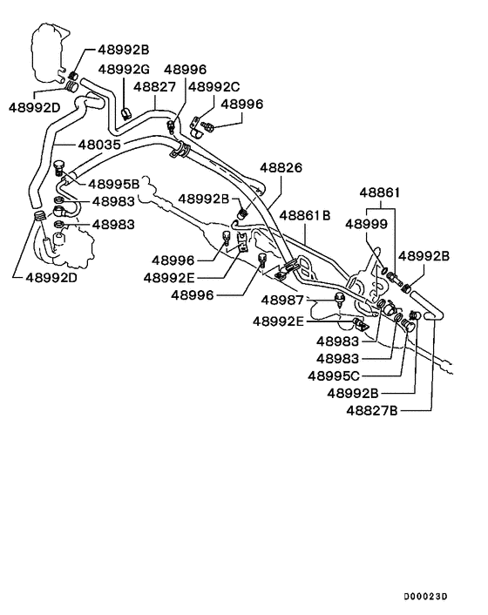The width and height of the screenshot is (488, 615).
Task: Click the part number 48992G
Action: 124,69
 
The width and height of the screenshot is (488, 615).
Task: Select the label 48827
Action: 155,87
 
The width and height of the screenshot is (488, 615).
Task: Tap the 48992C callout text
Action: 213,87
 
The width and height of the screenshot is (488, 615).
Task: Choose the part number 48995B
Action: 113,185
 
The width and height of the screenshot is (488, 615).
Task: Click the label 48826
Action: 278,167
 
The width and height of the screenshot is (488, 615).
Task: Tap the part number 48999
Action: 366,224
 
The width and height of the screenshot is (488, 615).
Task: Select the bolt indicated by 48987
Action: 340,302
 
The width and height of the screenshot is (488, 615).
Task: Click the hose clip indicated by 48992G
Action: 126,111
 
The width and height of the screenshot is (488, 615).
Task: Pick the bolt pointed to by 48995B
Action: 59,166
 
